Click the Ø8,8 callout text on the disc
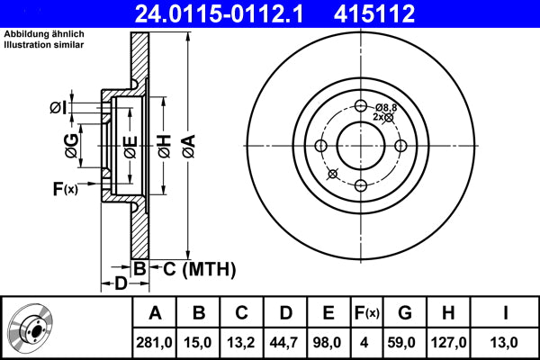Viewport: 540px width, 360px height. point(386,107)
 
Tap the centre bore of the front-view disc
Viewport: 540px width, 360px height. point(360,145)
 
